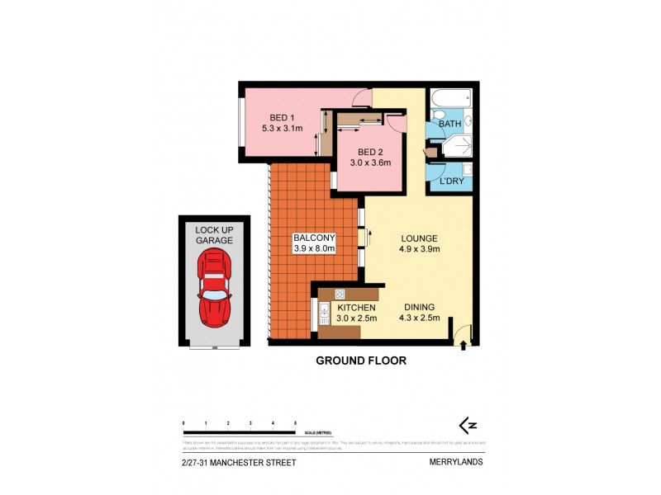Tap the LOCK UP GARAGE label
click(214, 234)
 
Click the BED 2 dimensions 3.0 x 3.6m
click(369, 163)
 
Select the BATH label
click(450, 124)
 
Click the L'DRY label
click(451, 180)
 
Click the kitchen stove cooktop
click(339, 295)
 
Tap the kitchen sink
click(324, 312)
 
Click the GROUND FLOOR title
click(362, 361)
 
